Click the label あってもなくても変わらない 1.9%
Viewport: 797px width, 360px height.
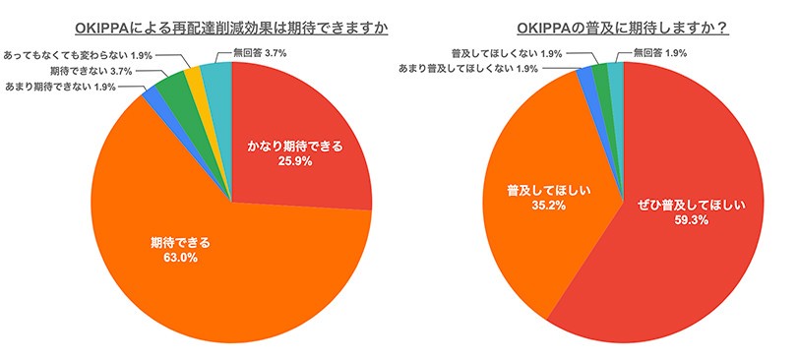80,55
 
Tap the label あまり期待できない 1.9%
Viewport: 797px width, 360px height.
63,88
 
